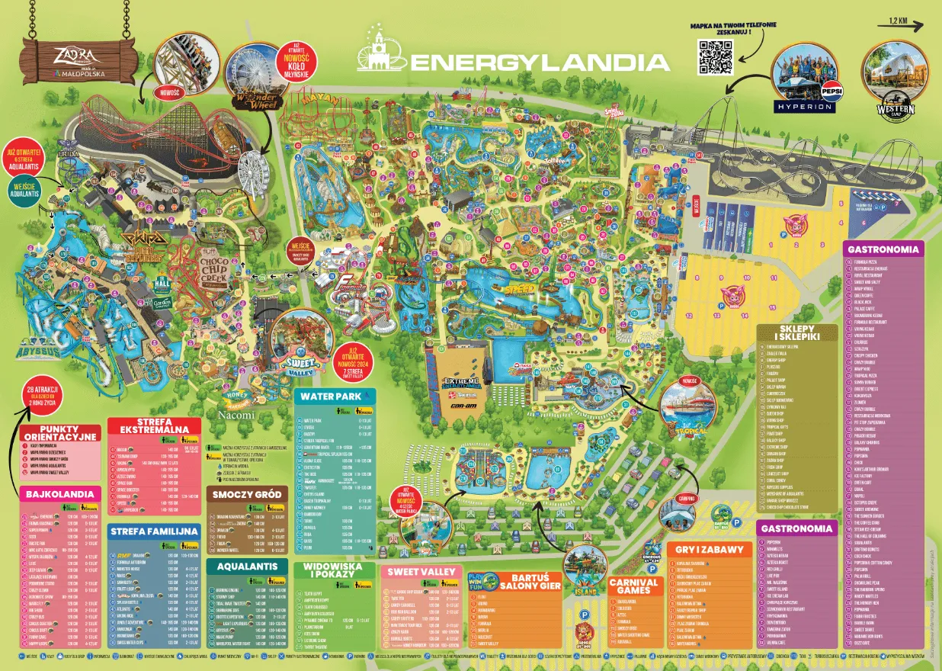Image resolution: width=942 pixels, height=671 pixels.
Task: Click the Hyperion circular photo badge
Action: pos(805,82)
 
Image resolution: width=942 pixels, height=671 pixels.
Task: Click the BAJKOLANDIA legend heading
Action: pos(59,494)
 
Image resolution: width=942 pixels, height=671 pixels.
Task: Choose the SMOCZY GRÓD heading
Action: pos(245,494)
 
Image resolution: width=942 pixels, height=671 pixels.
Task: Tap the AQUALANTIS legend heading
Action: pos(246,567)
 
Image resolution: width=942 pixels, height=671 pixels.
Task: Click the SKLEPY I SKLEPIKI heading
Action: pos(797,333)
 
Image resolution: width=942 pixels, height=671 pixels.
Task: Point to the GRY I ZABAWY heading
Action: pos(708,549)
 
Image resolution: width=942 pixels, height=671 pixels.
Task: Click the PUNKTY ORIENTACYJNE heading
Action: pos(60,432)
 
